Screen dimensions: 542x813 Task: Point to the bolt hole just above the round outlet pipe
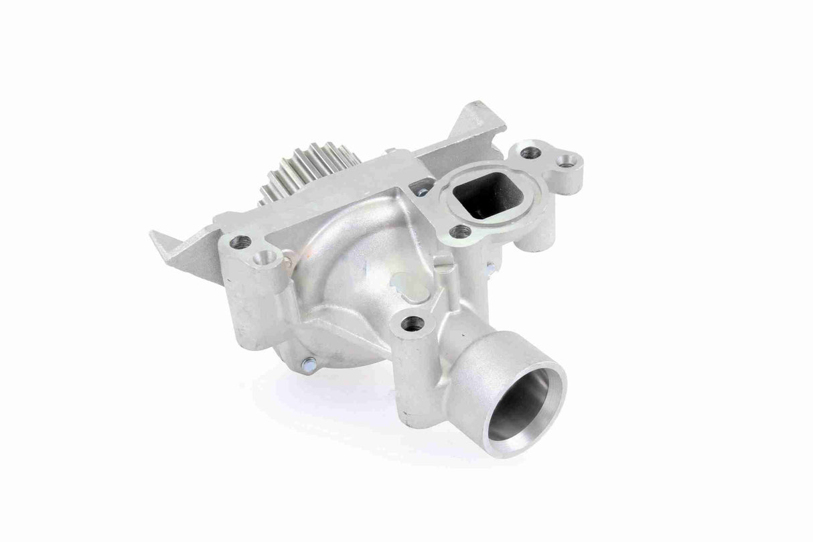coord(413,323)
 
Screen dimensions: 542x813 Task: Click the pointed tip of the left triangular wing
coord(153,234)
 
